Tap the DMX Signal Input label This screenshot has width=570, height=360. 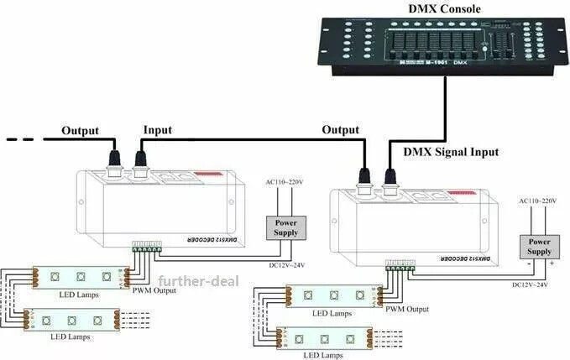click(451, 152)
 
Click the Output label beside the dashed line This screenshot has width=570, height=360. click(80, 131)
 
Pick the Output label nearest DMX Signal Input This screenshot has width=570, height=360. click(341, 131)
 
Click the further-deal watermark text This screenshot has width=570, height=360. click(196, 280)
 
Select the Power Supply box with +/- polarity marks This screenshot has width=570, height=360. click(539, 247)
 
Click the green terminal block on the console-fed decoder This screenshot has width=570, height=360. click(400, 268)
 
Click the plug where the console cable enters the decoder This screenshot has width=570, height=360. click(390, 177)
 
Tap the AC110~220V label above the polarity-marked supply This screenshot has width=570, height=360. click(538, 201)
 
